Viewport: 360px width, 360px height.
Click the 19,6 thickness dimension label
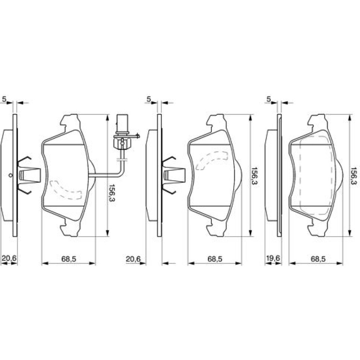[x=273, y=258]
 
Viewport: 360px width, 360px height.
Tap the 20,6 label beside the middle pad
[x=133, y=258]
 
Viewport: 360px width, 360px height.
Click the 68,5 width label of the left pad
[x=69, y=259]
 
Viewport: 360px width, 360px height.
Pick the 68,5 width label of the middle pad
[x=215, y=259]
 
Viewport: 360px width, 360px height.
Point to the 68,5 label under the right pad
[x=318, y=259]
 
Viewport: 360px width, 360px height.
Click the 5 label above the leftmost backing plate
[x=4, y=99]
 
